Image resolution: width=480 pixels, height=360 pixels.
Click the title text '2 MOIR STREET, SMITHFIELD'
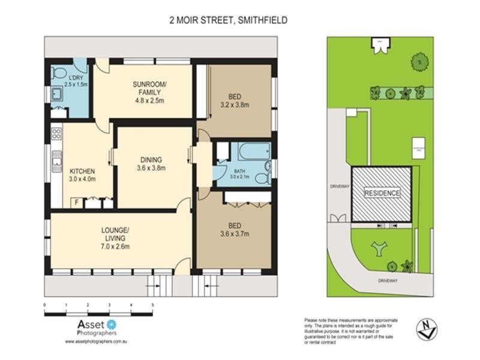coord(227,20)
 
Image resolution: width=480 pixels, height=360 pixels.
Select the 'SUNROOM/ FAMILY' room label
coord(149,92)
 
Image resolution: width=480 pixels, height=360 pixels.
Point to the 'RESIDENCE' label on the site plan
coord(382,194)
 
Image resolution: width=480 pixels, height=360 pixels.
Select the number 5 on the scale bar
coord(152,304)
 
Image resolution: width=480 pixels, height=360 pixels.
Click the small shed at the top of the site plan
coord(380,43)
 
